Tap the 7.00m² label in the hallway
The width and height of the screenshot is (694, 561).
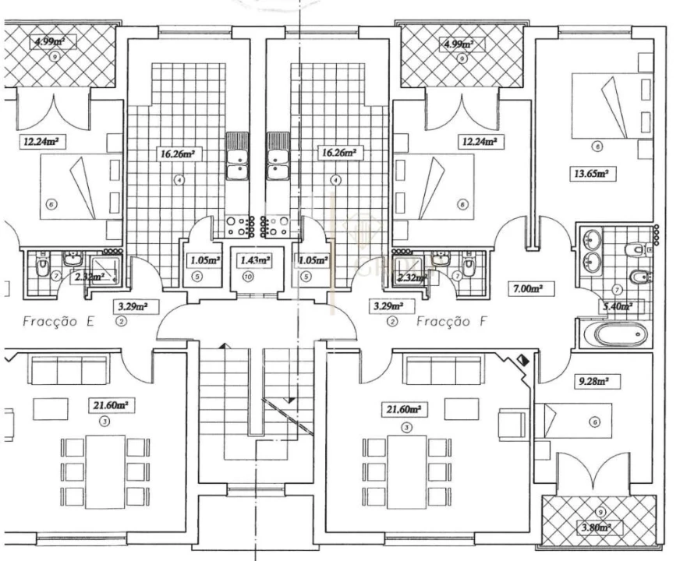[526, 288]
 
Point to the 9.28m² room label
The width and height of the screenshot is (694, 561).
[593, 382]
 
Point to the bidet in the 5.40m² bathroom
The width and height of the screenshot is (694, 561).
[637, 277]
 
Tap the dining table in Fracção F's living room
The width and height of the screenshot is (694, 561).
[406, 471]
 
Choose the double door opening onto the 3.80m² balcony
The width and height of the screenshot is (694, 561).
[593, 476]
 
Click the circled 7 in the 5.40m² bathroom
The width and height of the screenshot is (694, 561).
[617, 289]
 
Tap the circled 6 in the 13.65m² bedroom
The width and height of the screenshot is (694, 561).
[597, 146]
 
